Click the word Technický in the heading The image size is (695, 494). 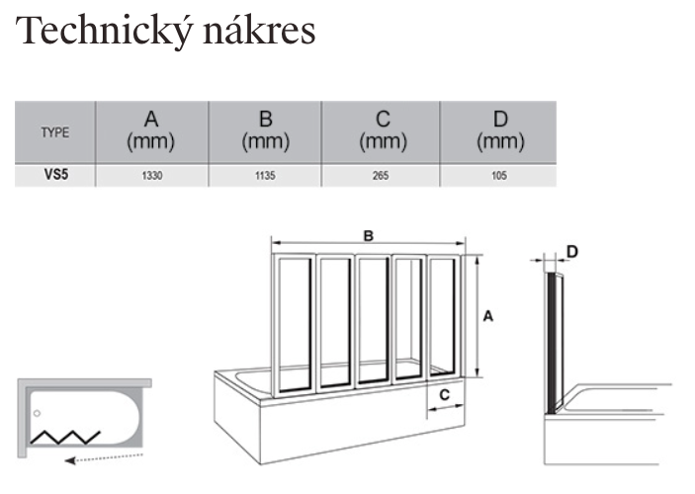[105, 32]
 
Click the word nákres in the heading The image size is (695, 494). [259, 30]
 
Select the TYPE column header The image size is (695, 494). [55, 132]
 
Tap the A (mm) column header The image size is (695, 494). [151, 131]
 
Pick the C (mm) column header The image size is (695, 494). [383, 131]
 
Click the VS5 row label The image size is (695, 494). [56, 175]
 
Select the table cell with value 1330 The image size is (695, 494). [152, 176]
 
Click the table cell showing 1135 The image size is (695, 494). [265, 176]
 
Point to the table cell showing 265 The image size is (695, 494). [381, 176]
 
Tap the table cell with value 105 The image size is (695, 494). [499, 176]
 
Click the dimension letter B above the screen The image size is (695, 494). [369, 236]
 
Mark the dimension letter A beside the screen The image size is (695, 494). [488, 316]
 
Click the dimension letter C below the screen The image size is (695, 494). [445, 395]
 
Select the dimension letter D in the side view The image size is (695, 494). [572, 252]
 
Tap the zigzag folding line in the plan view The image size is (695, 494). [65, 438]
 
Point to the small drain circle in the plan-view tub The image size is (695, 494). [38, 413]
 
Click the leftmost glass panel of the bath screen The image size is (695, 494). [294, 326]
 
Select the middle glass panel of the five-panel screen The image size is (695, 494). [373, 321]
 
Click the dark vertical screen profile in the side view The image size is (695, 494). [551, 344]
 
